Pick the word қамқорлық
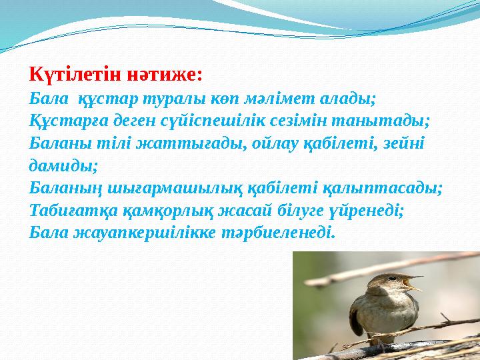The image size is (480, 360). pos(175,210)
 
